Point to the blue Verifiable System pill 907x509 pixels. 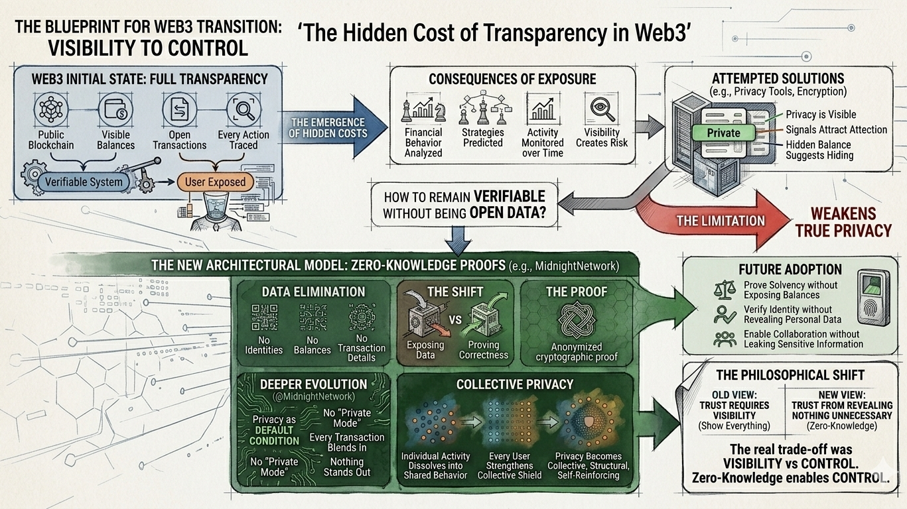(x=84, y=182)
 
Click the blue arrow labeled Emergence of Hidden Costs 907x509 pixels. (x=332, y=127)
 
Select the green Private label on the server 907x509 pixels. (x=723, y=133)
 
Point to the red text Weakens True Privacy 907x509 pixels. (x=843, y=222)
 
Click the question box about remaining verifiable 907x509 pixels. (x=464, y=205)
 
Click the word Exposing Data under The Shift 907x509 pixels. (x=425, y=350)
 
